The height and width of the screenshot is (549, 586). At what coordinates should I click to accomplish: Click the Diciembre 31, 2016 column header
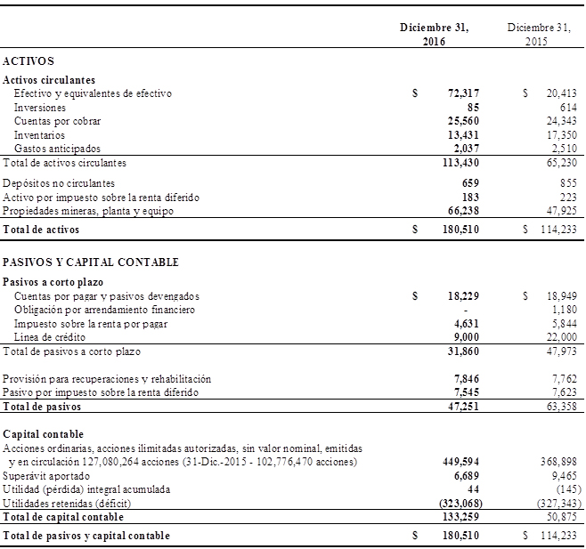pos(434,35)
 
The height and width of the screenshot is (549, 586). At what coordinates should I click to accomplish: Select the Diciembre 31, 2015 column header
pos(539,35)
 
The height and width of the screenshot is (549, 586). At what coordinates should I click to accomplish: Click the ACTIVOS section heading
pos(28,61)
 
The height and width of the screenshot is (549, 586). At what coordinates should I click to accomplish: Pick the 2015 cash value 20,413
pos(561,93)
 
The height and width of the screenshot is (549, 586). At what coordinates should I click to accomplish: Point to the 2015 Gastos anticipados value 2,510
pos(565,149)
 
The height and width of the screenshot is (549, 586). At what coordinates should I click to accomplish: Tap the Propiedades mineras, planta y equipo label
pos(86,211)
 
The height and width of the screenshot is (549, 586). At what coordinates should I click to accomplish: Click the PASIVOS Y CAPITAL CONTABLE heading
pos(91,262)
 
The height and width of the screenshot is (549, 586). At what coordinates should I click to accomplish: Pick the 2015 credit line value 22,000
pos(561,337)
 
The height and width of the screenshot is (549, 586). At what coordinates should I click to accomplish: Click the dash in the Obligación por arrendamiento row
pos(467,310)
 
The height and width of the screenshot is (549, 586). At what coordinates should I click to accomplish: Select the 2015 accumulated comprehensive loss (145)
pos(564,489)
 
